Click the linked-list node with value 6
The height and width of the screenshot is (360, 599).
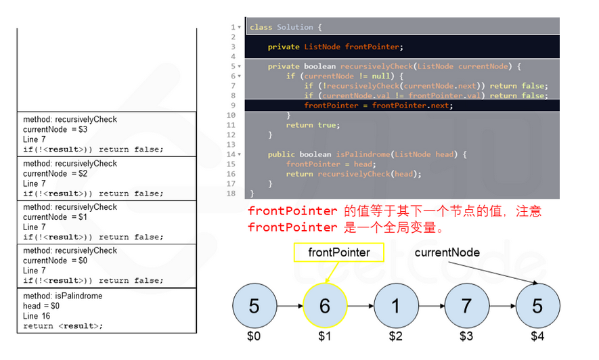click(324, 306)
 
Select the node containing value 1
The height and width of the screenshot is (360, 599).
click(395, 306)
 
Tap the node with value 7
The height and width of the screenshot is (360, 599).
click(466, 306)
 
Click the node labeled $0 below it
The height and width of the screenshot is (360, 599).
click(254, 336)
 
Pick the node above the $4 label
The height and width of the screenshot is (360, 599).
click(537, 306)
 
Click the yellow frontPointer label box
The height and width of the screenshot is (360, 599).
click(339, 252)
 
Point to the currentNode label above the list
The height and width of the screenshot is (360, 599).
click(447, 252)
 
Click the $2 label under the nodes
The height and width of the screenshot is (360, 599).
click(395, 336)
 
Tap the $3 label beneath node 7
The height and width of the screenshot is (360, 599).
click(466, 336)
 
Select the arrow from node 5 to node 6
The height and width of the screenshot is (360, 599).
click(289, 306)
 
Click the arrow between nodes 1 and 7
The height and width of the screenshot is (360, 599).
click(430, 306)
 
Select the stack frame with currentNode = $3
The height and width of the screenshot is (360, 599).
click(107, 134)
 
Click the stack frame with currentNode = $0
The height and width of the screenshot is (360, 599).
click(107, 265)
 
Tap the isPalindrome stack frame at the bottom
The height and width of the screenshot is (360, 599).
click(107, 311)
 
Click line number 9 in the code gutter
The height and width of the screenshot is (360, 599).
click(233, 106)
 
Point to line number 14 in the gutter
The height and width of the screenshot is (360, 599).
click(231, 154)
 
